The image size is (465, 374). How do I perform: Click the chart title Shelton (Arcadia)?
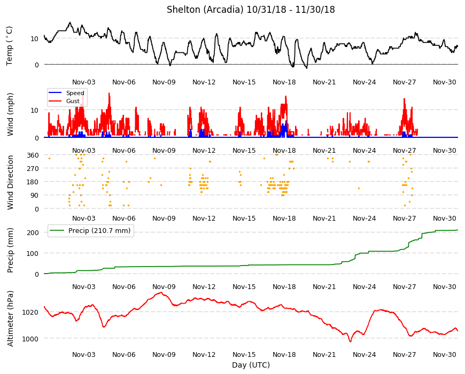click(205, 10)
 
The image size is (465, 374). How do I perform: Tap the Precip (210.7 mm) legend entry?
click(90, 231)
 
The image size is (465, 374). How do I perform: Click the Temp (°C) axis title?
click(10, 46)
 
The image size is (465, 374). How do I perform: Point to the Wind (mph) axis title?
click(10, 114)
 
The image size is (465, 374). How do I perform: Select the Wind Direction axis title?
click(10, 182)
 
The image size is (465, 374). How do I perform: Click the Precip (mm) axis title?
click(10, 250)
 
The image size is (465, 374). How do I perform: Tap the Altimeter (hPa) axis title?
click(10, 318)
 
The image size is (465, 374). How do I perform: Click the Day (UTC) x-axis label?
click(251, 365)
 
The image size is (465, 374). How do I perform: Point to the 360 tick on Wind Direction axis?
click(33, 155)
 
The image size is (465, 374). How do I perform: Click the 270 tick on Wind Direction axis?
click(33, 169)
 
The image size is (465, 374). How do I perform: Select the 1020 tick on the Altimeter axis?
click(30, 313)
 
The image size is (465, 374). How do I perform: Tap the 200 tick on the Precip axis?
click(33, 232)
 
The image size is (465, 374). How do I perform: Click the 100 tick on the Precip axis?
click(33, 253)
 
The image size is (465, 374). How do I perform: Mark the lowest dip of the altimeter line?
click(350, 342)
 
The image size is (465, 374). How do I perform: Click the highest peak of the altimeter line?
click(161, 292)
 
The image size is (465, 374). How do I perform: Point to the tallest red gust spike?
click(109, 93)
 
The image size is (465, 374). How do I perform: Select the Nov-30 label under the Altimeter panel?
click(444, 354)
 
